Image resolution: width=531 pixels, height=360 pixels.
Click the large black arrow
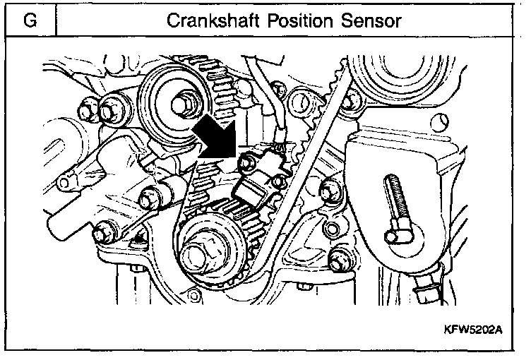click(x=217, y=136)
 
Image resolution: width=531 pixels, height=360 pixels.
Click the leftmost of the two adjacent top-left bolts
click(x=88, y=109)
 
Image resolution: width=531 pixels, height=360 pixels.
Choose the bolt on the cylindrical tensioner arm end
click(x=150, y=196)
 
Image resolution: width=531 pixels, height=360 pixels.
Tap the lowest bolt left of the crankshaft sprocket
click(x=102, y=230)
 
